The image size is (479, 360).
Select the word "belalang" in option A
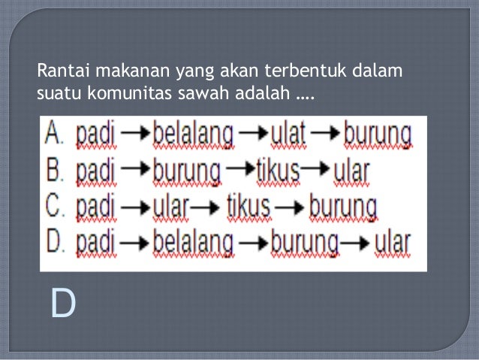[193, 135]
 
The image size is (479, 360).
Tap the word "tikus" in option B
[278, 171]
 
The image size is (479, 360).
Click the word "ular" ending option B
[351, 171]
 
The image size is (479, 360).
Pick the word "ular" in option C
[170, 207]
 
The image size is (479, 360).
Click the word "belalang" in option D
[193, 243]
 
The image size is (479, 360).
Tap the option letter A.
[55, 135]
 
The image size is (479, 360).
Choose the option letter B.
[55, 171]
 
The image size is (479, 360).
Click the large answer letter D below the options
[63, 304]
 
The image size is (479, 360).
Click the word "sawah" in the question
[207, 95]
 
